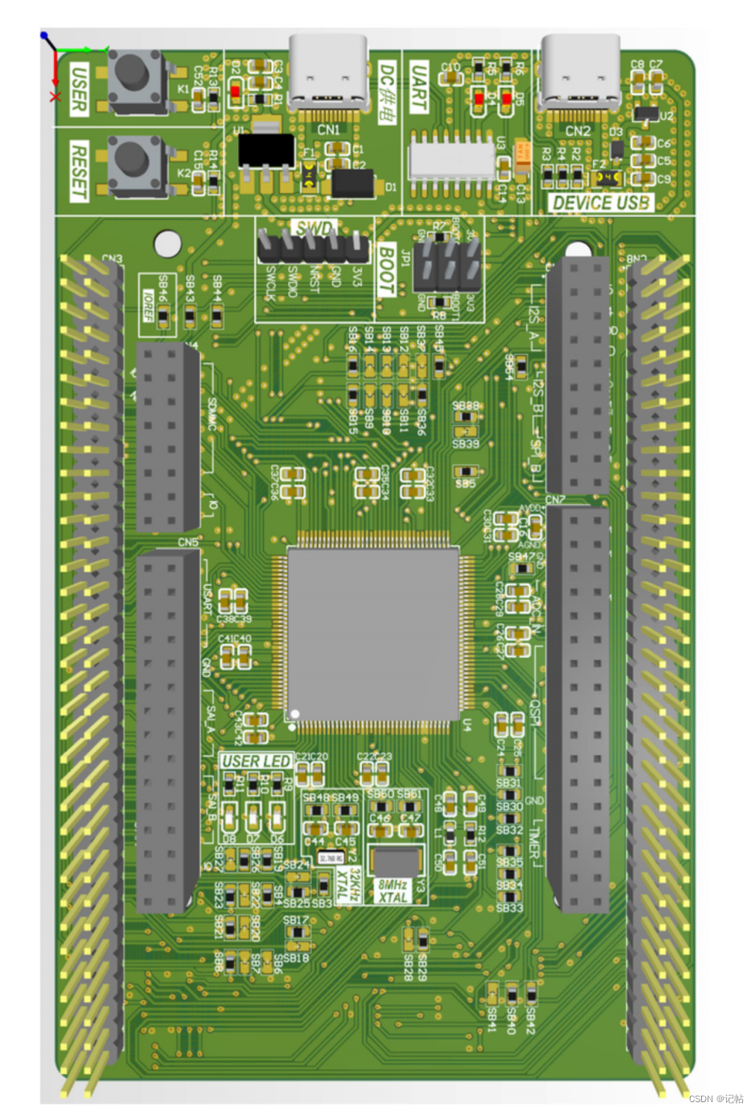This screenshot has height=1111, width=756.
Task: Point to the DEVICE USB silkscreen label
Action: click(600, 203)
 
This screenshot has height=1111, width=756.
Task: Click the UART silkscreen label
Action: click(419, 88)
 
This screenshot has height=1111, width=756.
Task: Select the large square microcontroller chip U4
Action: click(373, 633)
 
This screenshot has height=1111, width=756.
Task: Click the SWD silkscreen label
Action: click(314, 228)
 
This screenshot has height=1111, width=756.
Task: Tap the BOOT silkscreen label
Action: click(386, 269)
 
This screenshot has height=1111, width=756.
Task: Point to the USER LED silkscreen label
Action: click(256, 761)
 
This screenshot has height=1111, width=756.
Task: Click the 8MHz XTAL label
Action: click(393, 891)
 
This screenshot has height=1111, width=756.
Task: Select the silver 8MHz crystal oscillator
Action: click(395, 861)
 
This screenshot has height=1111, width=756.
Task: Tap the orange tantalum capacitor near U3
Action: click(522, 152)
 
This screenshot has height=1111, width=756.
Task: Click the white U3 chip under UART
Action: click(451, 159)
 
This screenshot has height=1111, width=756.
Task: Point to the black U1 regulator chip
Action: click(266, 151)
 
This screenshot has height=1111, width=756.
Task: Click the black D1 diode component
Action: click(353, 183)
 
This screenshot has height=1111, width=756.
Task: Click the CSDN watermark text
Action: click(716, 1098)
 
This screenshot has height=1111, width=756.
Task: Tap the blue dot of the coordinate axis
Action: click(44, 36)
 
